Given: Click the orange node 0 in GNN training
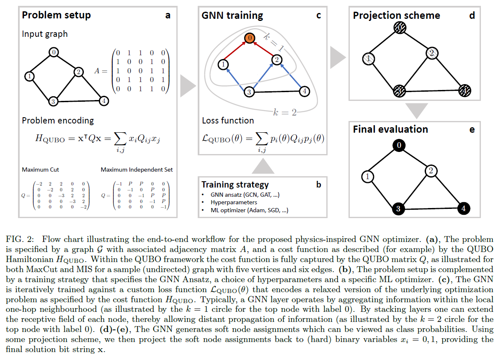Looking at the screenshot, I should click(249, 38).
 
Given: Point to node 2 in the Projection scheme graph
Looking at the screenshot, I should click(431, 53).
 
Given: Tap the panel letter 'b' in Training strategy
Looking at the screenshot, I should click(319, 185).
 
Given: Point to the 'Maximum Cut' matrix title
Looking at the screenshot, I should click(41, 170).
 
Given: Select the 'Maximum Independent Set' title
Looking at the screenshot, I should click(137, 170).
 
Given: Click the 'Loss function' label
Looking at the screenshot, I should click(228, 121).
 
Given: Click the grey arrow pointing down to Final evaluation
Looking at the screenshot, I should click(417, 110).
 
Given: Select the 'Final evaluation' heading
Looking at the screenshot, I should click(390, 129).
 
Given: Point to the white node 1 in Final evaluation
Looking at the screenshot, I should click(368, 176).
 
